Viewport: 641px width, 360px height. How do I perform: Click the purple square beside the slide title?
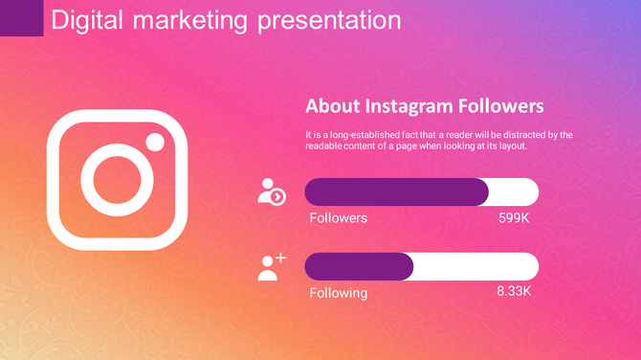[21, 18]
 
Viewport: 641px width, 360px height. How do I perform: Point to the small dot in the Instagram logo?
[155, 142]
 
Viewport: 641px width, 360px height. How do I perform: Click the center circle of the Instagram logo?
[117, 180]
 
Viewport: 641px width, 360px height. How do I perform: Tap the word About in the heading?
[333, 105]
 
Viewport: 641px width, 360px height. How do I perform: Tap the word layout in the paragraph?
[508, 146]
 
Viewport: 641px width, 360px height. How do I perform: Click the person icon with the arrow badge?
[271, 191]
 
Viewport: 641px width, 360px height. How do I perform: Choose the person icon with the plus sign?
[271, 266]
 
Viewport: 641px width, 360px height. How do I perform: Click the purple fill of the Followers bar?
[396, 191]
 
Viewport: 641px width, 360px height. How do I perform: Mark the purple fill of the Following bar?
[359, 266]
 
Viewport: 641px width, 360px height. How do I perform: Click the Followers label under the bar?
[338, 217]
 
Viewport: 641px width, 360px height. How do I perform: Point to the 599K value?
[514, 217]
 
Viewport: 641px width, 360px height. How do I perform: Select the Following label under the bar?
[338, 292]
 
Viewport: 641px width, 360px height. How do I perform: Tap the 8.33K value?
[513, 290]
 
